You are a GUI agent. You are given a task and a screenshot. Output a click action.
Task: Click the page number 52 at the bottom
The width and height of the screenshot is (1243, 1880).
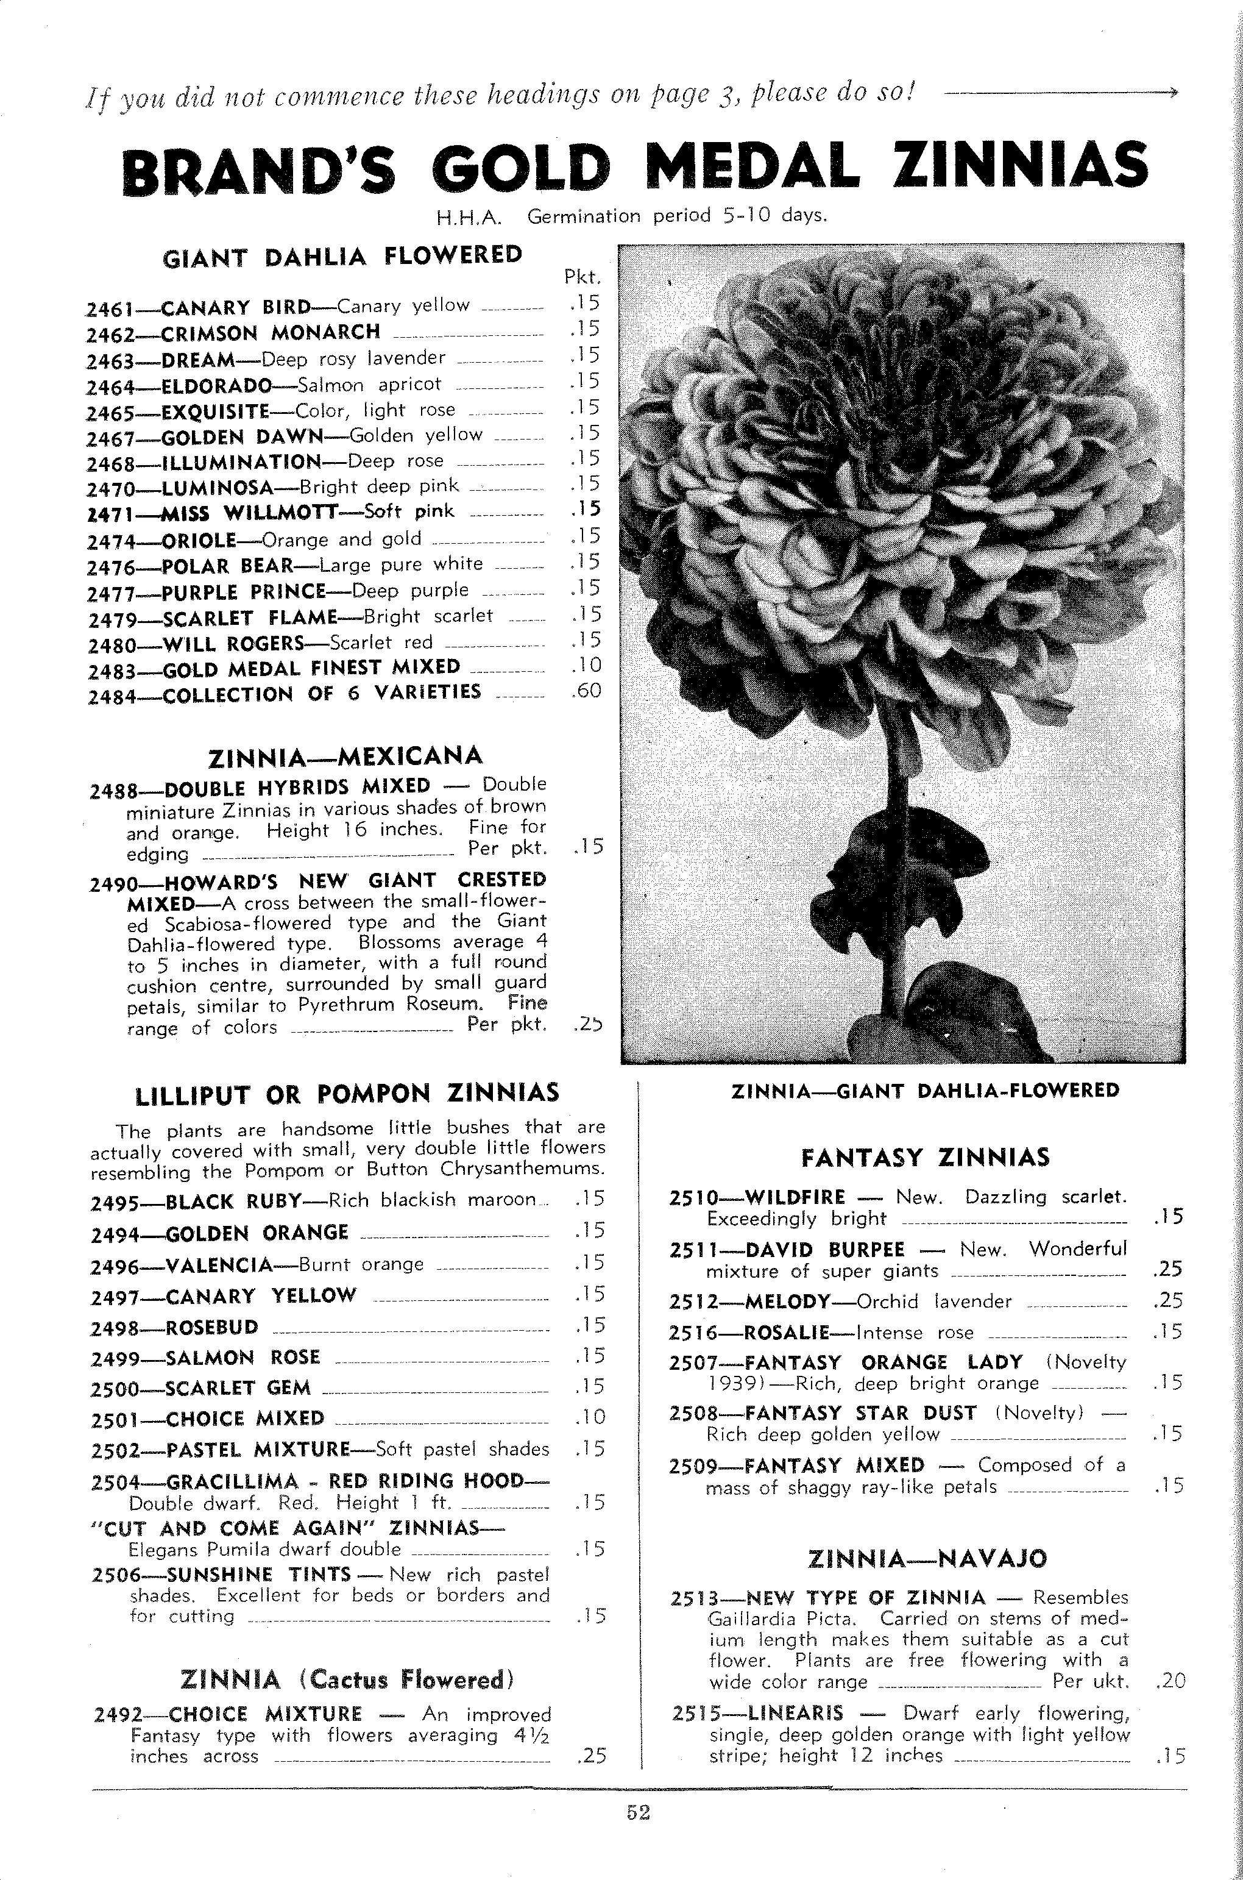[638, 1812]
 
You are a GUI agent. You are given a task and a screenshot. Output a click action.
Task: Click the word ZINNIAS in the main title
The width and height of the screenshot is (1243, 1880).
[1021, 166]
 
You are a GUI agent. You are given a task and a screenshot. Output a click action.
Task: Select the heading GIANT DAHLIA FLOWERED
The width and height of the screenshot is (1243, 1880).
[342, 256]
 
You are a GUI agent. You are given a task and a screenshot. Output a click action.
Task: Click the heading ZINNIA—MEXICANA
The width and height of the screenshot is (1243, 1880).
[345, 757]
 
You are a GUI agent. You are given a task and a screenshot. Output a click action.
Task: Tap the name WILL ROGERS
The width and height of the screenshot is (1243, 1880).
[235, 643]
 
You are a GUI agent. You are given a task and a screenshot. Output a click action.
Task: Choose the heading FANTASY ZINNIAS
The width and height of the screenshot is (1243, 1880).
[925, 1158]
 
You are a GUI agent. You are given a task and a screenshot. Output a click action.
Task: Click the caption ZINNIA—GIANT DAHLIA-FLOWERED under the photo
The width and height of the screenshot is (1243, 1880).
[925, 1091]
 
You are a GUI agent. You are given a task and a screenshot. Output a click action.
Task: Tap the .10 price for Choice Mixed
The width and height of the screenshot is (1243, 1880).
[590, 1417]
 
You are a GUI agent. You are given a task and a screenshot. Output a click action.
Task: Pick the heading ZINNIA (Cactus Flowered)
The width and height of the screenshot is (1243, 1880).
[347, 1679]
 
